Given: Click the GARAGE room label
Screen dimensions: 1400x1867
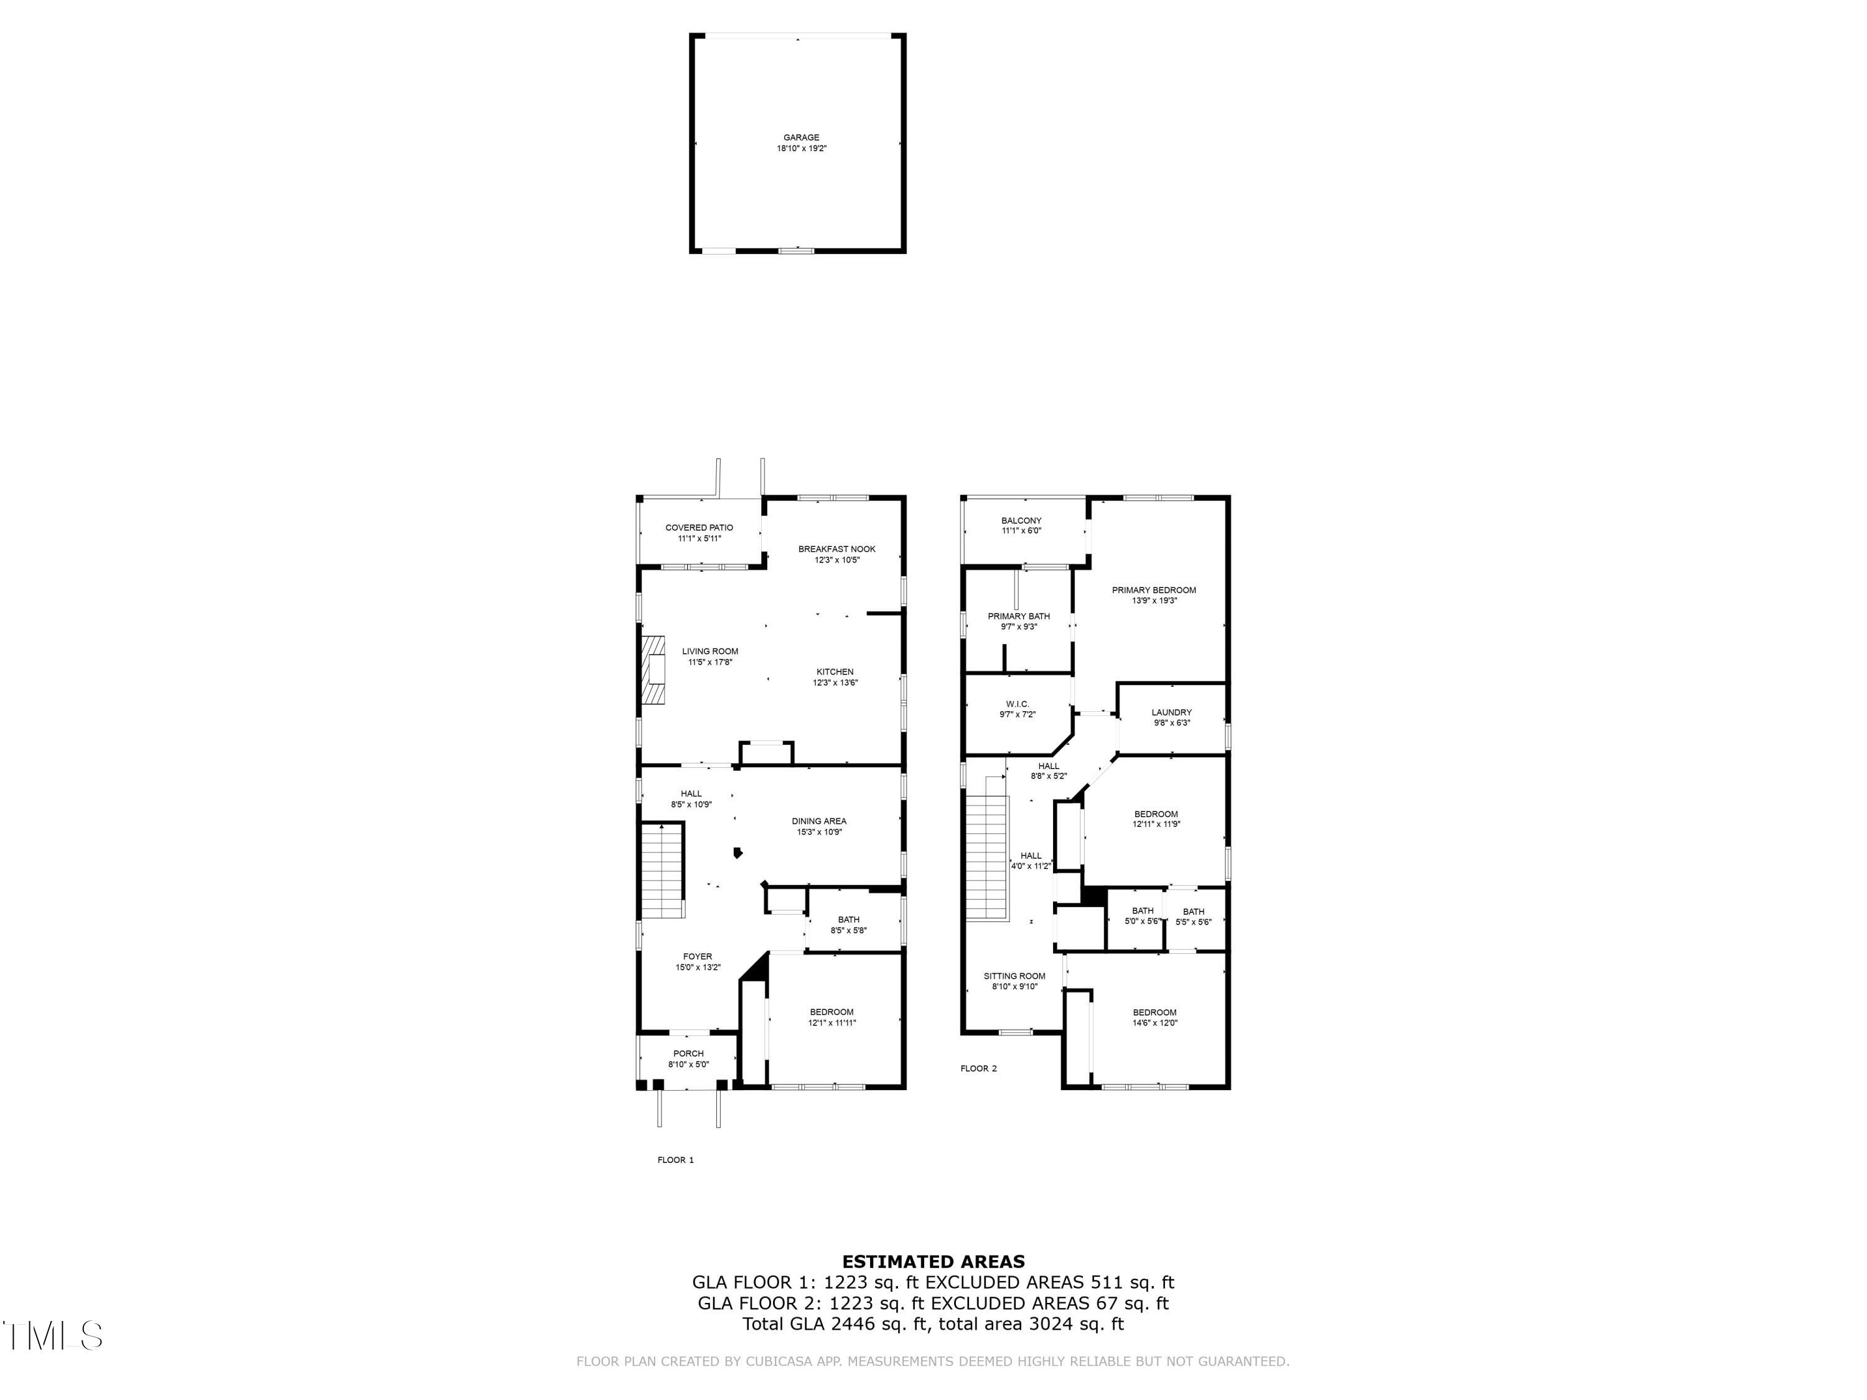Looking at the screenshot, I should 801,138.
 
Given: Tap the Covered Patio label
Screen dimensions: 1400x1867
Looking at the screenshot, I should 699,528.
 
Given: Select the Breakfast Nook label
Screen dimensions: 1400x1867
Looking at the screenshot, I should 836,549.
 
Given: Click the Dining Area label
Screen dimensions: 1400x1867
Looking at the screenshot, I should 819,821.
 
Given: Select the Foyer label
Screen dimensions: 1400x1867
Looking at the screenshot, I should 697,956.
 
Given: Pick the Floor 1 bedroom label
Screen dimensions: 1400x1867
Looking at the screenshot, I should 831,1012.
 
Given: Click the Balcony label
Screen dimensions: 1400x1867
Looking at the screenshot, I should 1021,521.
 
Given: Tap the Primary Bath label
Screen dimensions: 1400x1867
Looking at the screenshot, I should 1019,616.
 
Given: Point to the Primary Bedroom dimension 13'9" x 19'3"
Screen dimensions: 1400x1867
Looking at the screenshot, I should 1154,601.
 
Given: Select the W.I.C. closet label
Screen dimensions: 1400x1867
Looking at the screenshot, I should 1017,704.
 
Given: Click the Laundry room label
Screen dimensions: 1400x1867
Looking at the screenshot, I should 1171,712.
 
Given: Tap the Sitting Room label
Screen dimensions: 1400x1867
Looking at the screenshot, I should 1014,976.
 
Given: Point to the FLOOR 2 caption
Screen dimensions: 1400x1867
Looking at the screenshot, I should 978,1068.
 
